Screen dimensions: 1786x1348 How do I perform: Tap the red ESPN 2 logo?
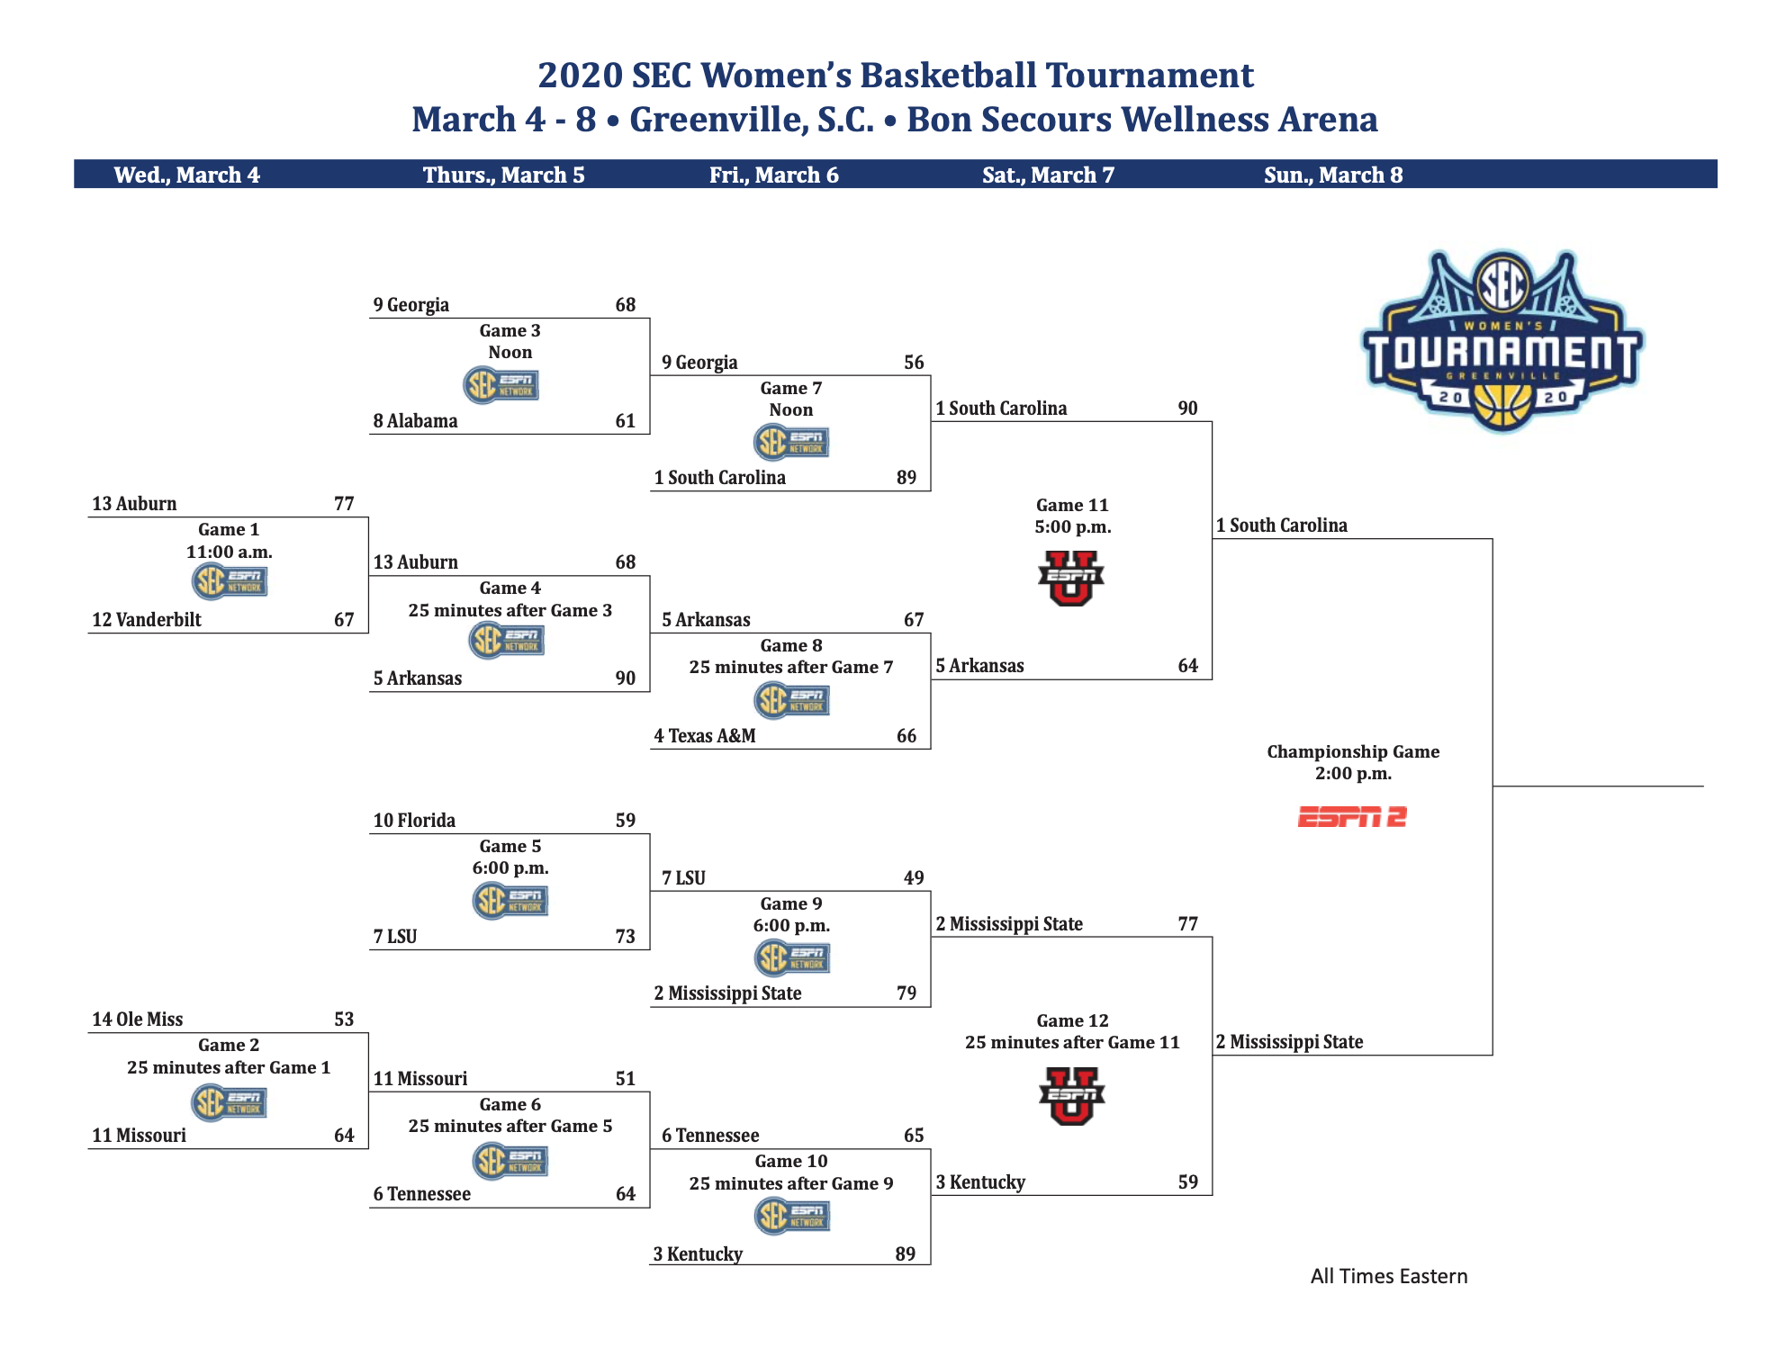[1352, 817]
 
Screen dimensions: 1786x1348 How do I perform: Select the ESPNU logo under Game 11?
[1071, 578]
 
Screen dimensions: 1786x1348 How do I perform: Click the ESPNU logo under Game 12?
[1071, 1096]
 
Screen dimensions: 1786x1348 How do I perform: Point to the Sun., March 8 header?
[1333, 175]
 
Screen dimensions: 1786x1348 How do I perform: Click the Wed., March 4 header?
[187, 175]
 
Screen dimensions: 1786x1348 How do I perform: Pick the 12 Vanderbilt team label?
[147, 619]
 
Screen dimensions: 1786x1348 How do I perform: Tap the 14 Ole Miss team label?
[137, 1019]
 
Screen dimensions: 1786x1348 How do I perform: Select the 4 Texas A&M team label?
[705, 735]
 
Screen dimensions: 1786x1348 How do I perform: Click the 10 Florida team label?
[414, 820]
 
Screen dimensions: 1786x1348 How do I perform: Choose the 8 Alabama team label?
[415, 420]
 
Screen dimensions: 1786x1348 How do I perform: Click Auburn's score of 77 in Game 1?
[344, 503]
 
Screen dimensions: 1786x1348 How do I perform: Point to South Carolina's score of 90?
[1188, 408]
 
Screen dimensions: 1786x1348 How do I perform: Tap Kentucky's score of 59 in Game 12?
[1188, 1182]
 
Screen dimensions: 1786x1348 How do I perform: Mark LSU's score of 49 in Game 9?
[914, 877]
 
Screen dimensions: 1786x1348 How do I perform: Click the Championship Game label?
[1353, 751]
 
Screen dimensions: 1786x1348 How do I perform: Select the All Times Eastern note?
[1389, 1276]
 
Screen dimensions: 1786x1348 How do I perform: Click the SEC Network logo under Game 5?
[510, 900]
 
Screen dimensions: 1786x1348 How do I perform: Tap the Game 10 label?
[791, 1161]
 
